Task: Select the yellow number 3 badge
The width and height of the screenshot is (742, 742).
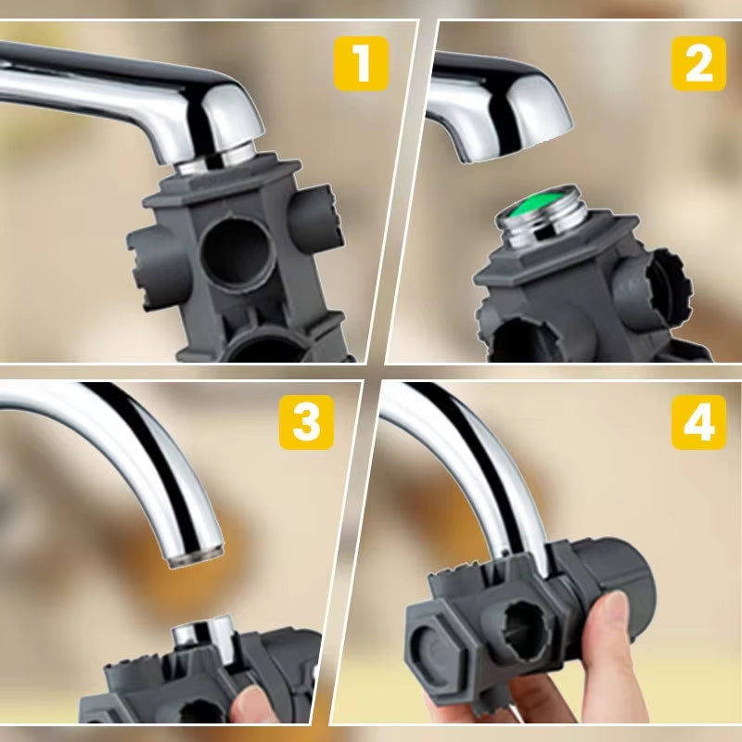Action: click(306, 422)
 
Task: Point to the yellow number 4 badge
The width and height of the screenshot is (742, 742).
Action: click(698, 422)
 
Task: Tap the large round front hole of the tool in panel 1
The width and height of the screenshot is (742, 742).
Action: click(238, 252)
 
